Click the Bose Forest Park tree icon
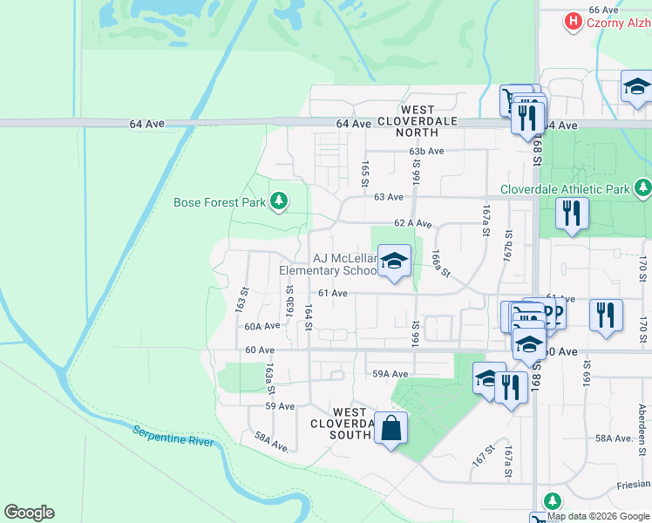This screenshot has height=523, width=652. click(x=279, y=202)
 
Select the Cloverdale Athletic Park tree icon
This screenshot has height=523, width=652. click(x=643, y=188)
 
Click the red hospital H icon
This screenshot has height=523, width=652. click(x=573, y=21)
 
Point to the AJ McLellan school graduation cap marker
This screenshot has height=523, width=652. click(x=394, y=261)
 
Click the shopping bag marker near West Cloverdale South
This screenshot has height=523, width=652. click(x=391, y=428)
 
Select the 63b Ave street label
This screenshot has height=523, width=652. click(x=427, y=151)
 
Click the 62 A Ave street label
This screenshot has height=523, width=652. click(x=412, y=224)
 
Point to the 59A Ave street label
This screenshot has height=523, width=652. click(x=390, y=374)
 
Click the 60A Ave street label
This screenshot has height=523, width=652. click(x=261, y=326)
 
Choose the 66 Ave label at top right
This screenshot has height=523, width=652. click(x=602, y=10)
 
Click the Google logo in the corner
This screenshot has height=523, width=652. click(x=29, y=513)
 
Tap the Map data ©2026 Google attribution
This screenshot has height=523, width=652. click(x=597, y=516)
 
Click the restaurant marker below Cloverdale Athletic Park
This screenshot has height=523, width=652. click(x=572, y=214)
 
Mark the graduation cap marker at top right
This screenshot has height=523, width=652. click(x=636, y=86)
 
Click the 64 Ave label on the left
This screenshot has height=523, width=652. click(x=146, y=124)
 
